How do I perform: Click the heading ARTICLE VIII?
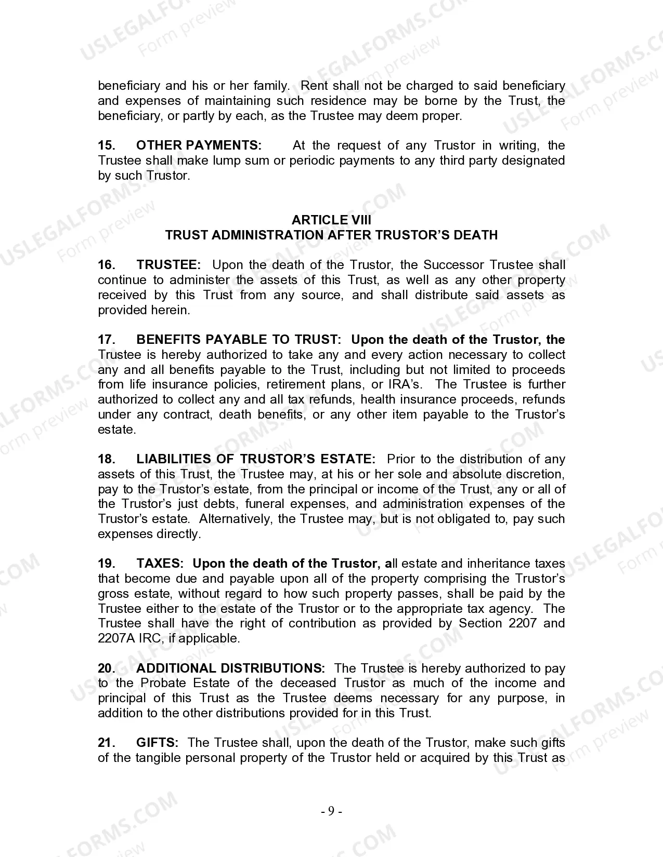click(x=331, y=220)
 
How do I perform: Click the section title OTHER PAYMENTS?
click(x=199, y=145)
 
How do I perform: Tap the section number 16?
click(x=106, y=265)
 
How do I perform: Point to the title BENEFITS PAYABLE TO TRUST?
click(x=239, y=340)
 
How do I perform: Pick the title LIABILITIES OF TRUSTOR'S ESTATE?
click(x=256, y=459)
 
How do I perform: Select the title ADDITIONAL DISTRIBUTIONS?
click(x=230, y=668)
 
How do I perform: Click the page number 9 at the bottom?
click(x=331, y=811)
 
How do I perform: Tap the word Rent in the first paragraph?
click(x=315, y=86)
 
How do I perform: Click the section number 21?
click(x=106, y=743)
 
